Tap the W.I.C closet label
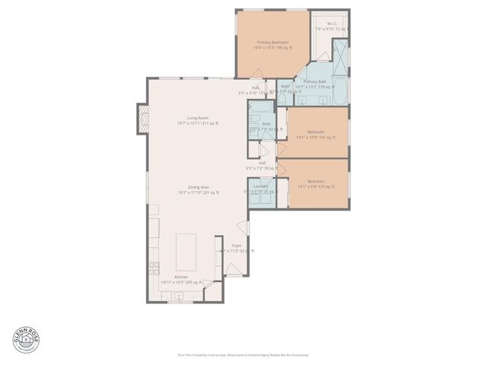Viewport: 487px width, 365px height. (x=332, y=27)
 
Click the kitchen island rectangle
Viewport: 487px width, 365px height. (x=187, y=252)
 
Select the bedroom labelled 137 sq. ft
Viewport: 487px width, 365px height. (x=315, y=183)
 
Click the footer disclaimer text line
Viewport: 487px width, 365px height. (x=243, y=354)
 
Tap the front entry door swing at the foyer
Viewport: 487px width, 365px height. (x=243, y=227)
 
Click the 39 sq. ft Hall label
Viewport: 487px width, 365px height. (x=261, y=165)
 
